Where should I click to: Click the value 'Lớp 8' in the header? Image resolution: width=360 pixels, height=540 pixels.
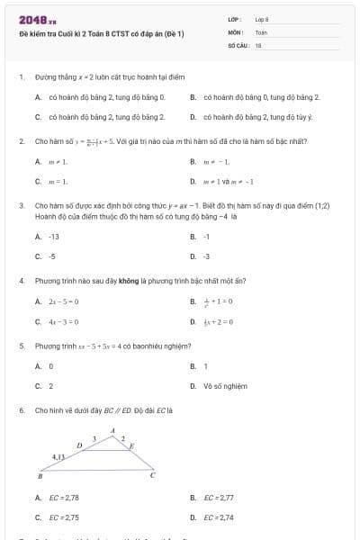(x=262, y=18)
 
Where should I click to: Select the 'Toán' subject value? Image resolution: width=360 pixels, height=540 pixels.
(x=262, y=31)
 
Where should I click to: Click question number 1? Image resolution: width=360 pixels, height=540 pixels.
(x=21, y=78)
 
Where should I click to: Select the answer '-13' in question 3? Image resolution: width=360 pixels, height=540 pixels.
(x=53, y=236)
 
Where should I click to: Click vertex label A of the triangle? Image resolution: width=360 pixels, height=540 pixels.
(x=112, y=430)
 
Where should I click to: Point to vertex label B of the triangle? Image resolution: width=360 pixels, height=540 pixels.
(x=40, y=476)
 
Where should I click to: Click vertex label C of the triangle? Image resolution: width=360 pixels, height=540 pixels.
(x=153, y=475)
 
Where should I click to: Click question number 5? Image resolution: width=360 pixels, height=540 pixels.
(x=21, y=346)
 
